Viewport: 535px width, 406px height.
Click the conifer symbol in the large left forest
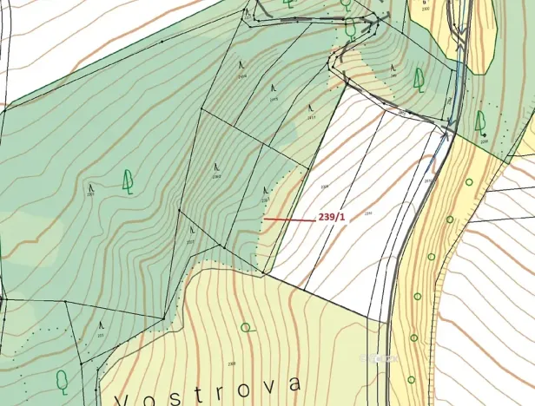pyautogui.click(x=128, y=180)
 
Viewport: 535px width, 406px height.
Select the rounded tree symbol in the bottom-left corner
pyautogui.click(x=62, y=380)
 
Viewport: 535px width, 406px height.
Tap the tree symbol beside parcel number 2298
pyautogui.click(x=480, y=121)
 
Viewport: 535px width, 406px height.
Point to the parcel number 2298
pyautogui.click(x=484, y=141)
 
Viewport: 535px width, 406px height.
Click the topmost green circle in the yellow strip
pyautogui.click(x=469, y=182)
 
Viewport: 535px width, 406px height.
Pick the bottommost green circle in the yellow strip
pyautogui.click(x=411, y=379)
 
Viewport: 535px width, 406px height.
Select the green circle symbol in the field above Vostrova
pyautogui.click(x=246, y=327)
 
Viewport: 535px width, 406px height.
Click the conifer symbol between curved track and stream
pyautogui.click(x=419, y=80)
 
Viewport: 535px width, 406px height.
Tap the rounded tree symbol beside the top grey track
pyautogui.click(x=350, y=28)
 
